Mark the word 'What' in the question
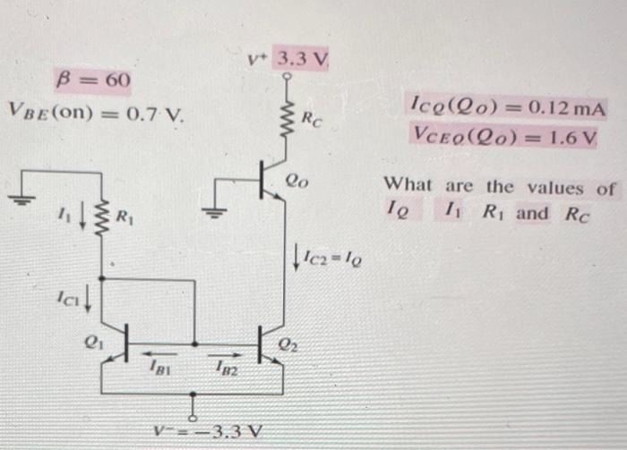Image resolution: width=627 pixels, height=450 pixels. (408, 187)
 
